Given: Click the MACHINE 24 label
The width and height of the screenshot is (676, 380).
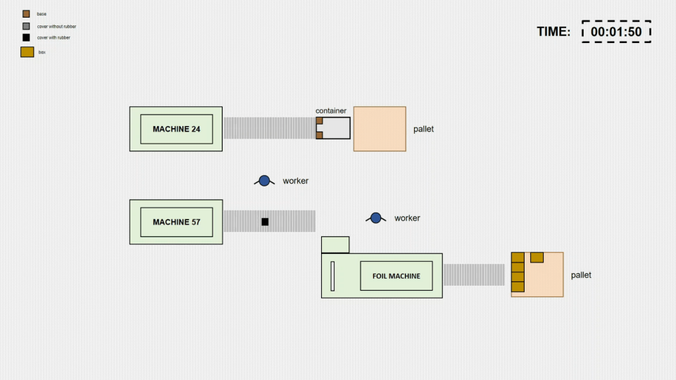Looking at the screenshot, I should pyautogui.click(x=176, y=129).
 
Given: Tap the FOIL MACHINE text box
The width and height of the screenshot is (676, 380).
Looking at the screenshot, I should pyautogui.click(x=396, y=276).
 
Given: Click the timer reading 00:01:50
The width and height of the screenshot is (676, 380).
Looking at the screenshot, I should pyautogui.click(x=616, y=32).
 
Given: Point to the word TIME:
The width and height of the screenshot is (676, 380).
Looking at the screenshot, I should pyautogui.click(x=553, y=32).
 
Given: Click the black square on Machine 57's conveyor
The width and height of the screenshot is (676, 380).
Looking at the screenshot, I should pyautogui.click(x=265, y=222).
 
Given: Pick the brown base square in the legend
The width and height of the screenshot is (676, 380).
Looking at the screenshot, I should pyautogui.click(x=26, y=14).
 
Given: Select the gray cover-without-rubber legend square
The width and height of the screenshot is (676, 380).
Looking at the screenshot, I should pyautogui.click(x=26, y=26).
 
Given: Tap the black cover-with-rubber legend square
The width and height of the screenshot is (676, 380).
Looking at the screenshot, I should pyautogui.click(x=26, y=37).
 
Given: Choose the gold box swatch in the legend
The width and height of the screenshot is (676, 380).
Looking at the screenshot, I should pyautogui.click(x=27, y=51).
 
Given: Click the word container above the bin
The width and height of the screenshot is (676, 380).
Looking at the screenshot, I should pyautogui.click(x=331, y=110).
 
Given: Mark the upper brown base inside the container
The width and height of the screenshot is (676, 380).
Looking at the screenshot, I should pyautogui.click(x=319, y=121).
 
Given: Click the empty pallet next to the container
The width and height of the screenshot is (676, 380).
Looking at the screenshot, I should pyautogui.click(x=380, y=129).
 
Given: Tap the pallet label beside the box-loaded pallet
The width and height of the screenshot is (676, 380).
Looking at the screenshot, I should pyautogui.click(x=581, y=275).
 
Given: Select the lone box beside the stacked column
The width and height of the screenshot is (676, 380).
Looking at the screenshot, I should pyautogui.click(x=537, y=257).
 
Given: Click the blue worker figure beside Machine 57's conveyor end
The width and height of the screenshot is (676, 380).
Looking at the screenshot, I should pyautogui.click(x=375, y=218).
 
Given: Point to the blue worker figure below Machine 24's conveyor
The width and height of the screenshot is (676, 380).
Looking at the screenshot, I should pyautogui.click(x=264, y=181).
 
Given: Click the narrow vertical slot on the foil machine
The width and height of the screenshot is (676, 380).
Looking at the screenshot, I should pyautogui.click(x=332, y=275).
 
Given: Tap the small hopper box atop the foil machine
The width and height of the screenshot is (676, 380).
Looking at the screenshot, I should pyautogui.click(x=335, y=244).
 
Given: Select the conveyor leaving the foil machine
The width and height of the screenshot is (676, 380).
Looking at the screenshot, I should pyautogui.click(x=474, y=275).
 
